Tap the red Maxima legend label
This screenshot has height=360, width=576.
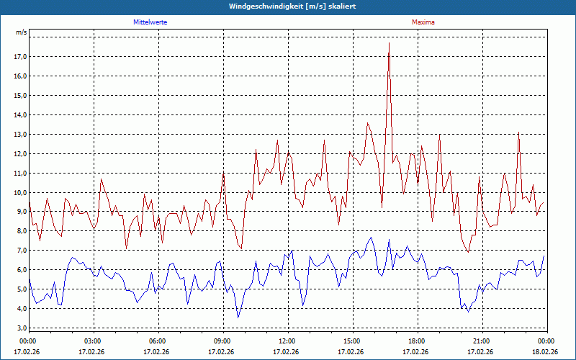423,22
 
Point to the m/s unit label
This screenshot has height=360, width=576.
21,32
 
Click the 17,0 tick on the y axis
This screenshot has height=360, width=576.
19,56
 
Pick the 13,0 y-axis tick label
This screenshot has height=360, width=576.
19,134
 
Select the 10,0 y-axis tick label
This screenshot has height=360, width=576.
19,192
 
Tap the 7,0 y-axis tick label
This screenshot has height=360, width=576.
21,251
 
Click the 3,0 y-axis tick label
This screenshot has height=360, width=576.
21,328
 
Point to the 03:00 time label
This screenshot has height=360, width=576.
92,341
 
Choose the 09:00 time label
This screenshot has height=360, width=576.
222,341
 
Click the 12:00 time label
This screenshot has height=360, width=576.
287,341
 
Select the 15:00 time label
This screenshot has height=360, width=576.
351,341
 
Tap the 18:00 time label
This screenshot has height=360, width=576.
416,341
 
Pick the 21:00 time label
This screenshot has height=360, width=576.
481,341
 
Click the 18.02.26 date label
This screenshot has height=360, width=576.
545,352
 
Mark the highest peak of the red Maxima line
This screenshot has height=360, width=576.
389,43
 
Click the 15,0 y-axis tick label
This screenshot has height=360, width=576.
19,95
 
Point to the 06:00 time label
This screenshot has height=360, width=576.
157,341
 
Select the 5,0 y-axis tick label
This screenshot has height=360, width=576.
21,289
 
